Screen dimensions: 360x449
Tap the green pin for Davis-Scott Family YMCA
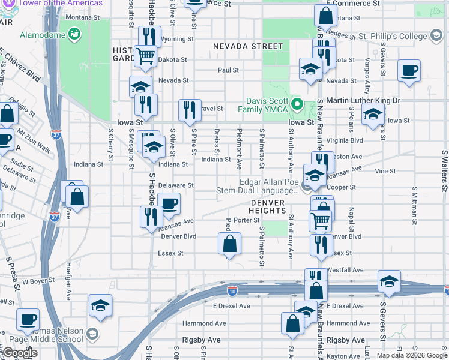[x=297, y=105]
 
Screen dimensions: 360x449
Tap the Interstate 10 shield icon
[x=232, y=290]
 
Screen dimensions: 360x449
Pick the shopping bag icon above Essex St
[x=229, y=244]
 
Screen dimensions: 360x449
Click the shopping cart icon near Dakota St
[x=146, y=56]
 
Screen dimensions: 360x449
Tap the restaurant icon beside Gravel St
[x=189, y=110]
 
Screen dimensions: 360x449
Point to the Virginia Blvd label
[x=345, y=140]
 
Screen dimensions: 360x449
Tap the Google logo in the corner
[x=20, y=353]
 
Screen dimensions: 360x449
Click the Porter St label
[x=246, y=220]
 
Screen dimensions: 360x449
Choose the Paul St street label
[x=229, y=70]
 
